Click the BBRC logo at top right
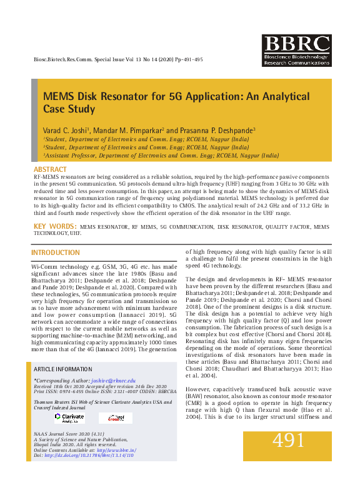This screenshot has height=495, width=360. tap(296, 50)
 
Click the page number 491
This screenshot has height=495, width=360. tap(288, 441)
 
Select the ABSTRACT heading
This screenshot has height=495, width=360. tap(50, 170)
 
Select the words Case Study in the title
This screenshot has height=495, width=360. tap(68, 109)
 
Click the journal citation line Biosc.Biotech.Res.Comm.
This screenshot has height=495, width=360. tap(69, 59)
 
